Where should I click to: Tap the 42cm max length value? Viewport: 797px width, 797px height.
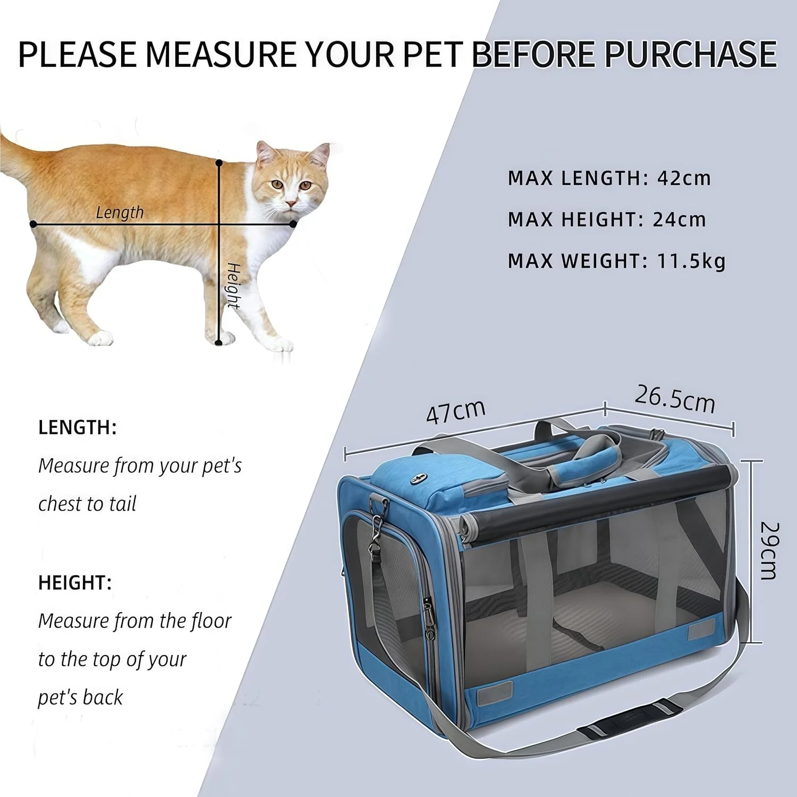point(684,178)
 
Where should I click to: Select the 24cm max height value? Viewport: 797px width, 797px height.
point(679,219)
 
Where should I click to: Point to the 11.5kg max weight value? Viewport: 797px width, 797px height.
point(691,261)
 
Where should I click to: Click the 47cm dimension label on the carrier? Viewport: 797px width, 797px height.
point(456,411)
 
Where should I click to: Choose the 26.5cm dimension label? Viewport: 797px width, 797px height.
point(675,399)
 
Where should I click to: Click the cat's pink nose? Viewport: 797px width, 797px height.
point(291,204)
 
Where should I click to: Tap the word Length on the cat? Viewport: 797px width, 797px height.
point(120,213)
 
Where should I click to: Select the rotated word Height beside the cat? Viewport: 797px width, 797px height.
point(233,285)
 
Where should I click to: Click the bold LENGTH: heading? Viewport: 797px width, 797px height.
point(78,427)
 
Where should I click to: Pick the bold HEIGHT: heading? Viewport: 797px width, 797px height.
point(75,583)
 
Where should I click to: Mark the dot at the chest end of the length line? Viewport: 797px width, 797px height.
point(293,224)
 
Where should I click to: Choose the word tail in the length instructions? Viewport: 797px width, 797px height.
point(123,504)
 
